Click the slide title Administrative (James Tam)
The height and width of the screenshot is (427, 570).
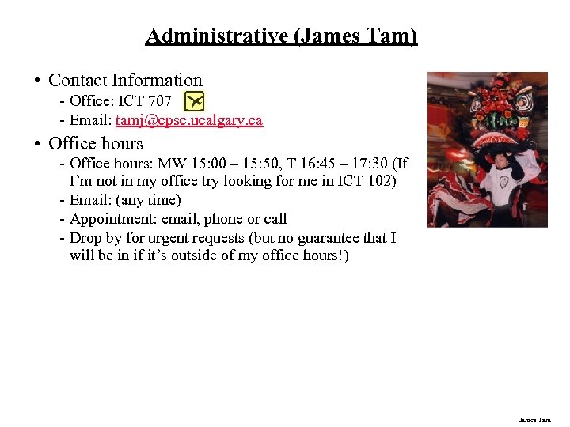(x=281, y=36)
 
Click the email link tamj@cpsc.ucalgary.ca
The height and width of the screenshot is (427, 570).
(x=189, y=120)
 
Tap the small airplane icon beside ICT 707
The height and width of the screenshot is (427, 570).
(x=194, y=101)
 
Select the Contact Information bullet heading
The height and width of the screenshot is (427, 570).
(x=125, y=80)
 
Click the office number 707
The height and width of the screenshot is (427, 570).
(x=159, y=100)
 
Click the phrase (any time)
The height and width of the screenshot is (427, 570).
(x=150, y=200)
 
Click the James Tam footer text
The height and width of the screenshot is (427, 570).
(x=534, y=420)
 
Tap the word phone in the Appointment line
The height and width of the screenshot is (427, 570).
(x=224, y=219)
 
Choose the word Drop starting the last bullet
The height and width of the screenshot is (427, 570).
(x=85, y=238)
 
